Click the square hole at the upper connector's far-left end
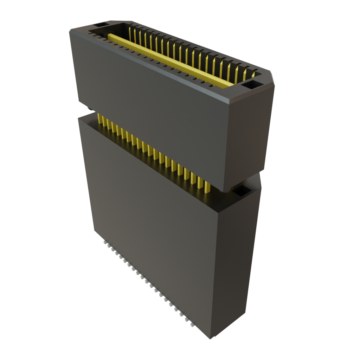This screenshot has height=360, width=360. [x=102, y=26]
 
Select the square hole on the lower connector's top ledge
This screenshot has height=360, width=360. [x=242, y=191]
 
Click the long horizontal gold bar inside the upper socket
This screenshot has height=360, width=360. [x=169, y=60]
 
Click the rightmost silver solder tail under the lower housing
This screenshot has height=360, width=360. [x=192, y=326]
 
